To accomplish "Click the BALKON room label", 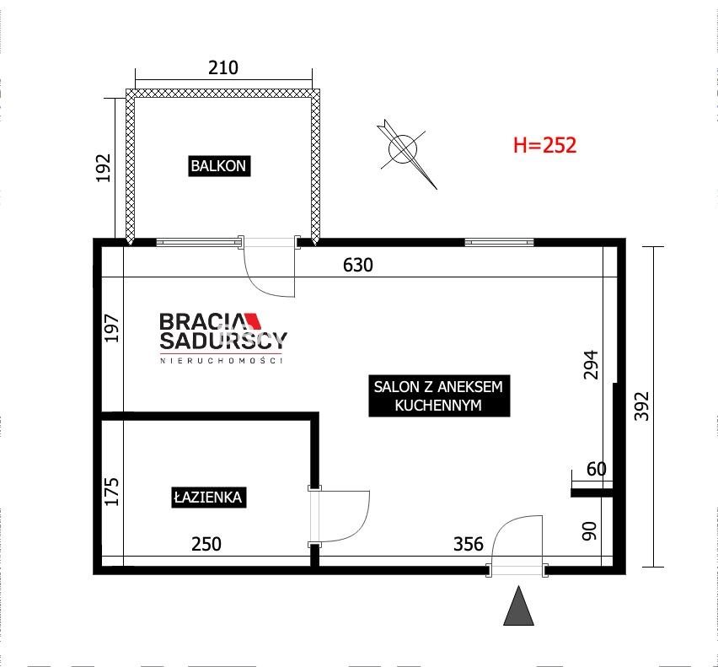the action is click(x=219, y=166).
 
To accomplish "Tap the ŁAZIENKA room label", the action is click(x=208, y=497).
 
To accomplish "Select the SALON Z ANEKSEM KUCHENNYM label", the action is click(x=439, y=395).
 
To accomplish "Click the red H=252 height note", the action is click(x=544, y=145).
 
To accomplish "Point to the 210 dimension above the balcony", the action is click(x=223, y=67).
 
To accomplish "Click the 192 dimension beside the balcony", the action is click(x=104, y=168).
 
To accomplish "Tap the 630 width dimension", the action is click(x=358, y=266).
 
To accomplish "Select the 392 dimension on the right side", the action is click(x=642, y=406).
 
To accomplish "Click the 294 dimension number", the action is click(x=591, y=364).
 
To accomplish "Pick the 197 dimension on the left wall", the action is click(x=112, y=328).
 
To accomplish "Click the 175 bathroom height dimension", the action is click(x=112, y=492).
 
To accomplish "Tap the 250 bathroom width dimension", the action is click(x=206, y=544).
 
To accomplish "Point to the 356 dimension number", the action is click(x=469, y=544).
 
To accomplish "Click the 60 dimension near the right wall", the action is click(x=597, y=469).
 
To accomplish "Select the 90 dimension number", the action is click(x=590, y=531).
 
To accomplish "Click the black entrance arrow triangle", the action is click(x=518, y=606).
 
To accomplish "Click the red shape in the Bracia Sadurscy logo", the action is click(x=253, y=320).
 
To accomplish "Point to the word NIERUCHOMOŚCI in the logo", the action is click(x=221, y=360).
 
